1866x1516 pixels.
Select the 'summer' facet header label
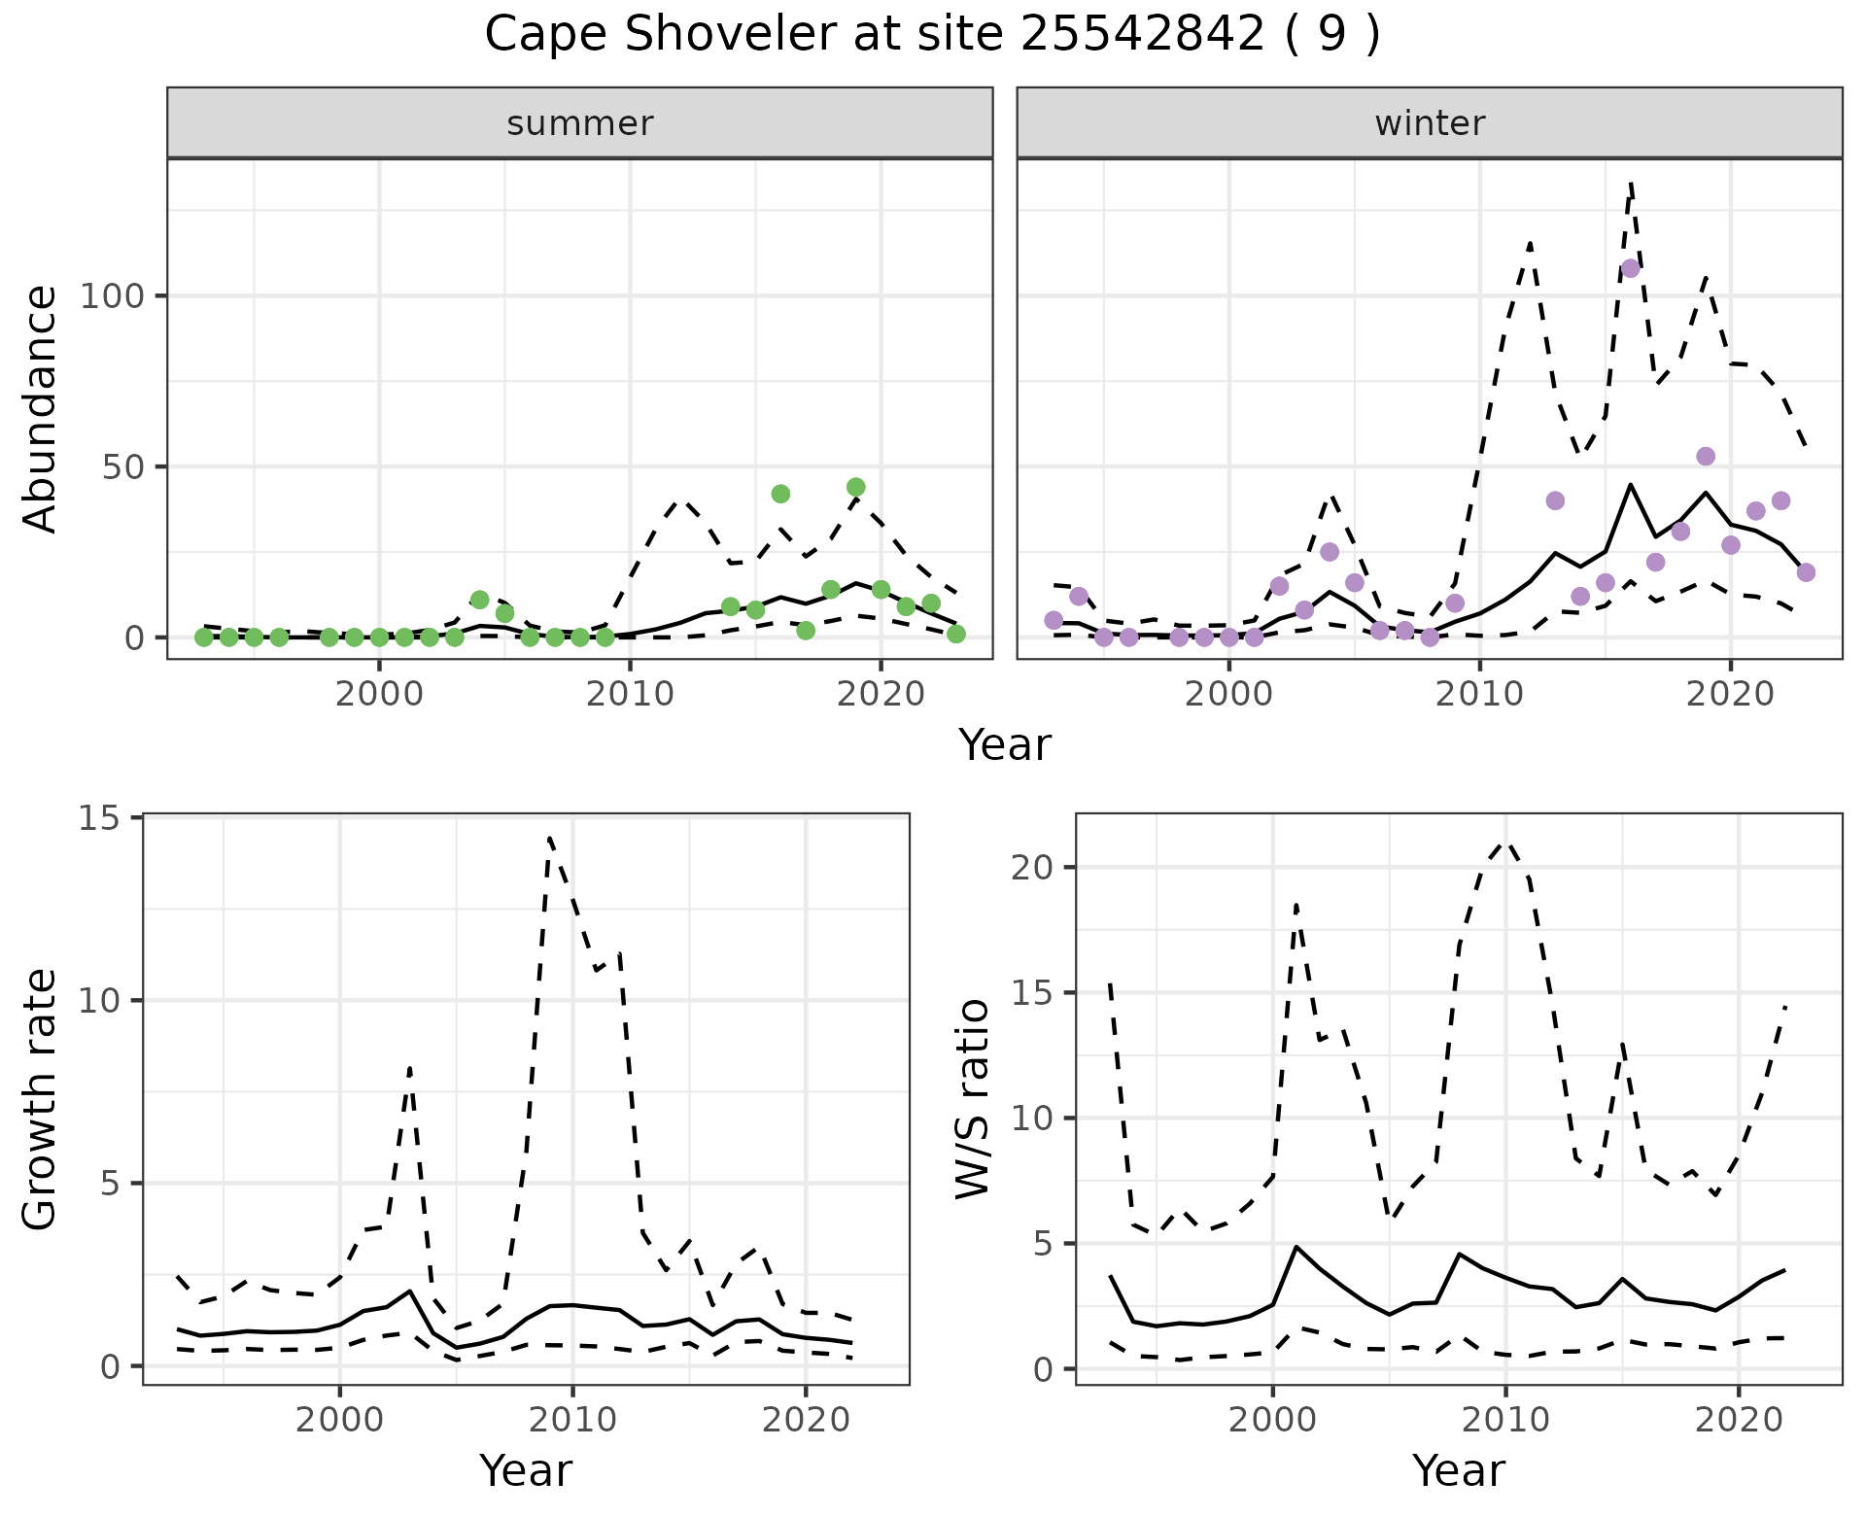click(579, 123)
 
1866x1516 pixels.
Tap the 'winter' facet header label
click(1429, 123)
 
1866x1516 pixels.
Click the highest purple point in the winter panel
click(1631, 268)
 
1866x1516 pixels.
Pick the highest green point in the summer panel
click(855, 487)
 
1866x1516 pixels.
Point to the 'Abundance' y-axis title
click(41, 408)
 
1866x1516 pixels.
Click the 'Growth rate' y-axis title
click(41, 1100)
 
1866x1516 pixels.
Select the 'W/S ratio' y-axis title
click(973, 1098)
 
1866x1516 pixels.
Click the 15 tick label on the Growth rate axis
click(98, 818)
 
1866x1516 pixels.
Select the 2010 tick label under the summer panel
click(630, 694)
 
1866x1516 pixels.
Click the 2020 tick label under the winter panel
click(1729, 694)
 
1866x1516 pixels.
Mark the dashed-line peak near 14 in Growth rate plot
click(549, 837)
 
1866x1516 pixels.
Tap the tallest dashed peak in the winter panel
click(1631, 182)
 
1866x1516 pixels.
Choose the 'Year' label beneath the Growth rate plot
click(525, 1470)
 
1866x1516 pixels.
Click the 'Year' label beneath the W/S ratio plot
click(1458, 1470)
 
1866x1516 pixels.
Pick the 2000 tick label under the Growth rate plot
click(339, 1420)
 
